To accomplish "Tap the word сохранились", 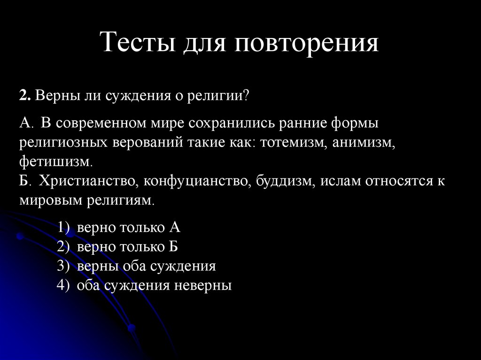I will (229, 123).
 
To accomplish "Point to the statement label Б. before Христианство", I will (25, 181).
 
